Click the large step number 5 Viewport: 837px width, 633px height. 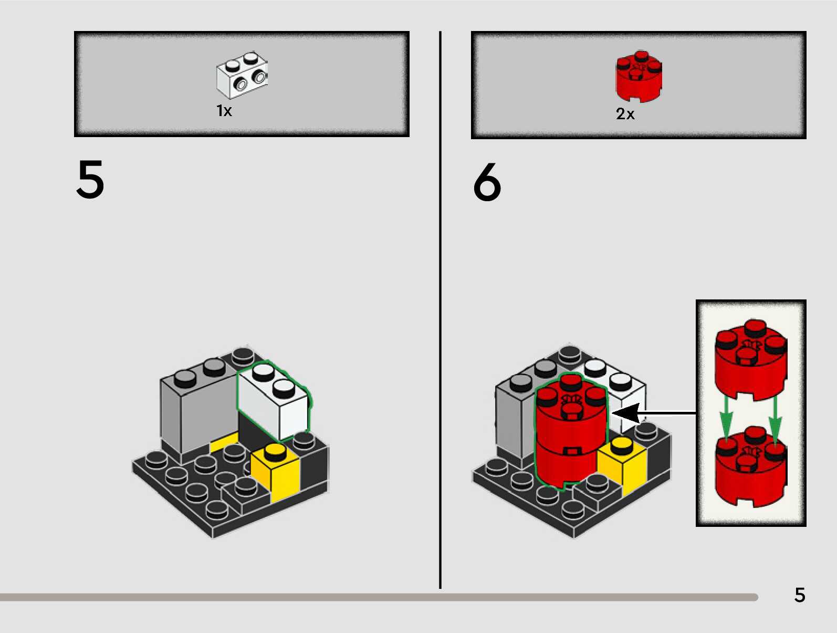[x=90, y=180]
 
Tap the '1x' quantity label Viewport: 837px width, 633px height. [x=224, y=111]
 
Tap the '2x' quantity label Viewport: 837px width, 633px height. [x=625, y=114]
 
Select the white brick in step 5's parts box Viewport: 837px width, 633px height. [x=242, y=75]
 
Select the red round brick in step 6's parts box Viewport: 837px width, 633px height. [x=639, y=76]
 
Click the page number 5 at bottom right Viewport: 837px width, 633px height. [x=799, y=595]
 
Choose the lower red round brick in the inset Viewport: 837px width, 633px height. [x=750, y=468]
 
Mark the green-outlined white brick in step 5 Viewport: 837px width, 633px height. [x=273, y=402]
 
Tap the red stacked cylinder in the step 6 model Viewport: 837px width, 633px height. [x=570, y=436]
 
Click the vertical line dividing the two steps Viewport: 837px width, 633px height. [x=440, y=315]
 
